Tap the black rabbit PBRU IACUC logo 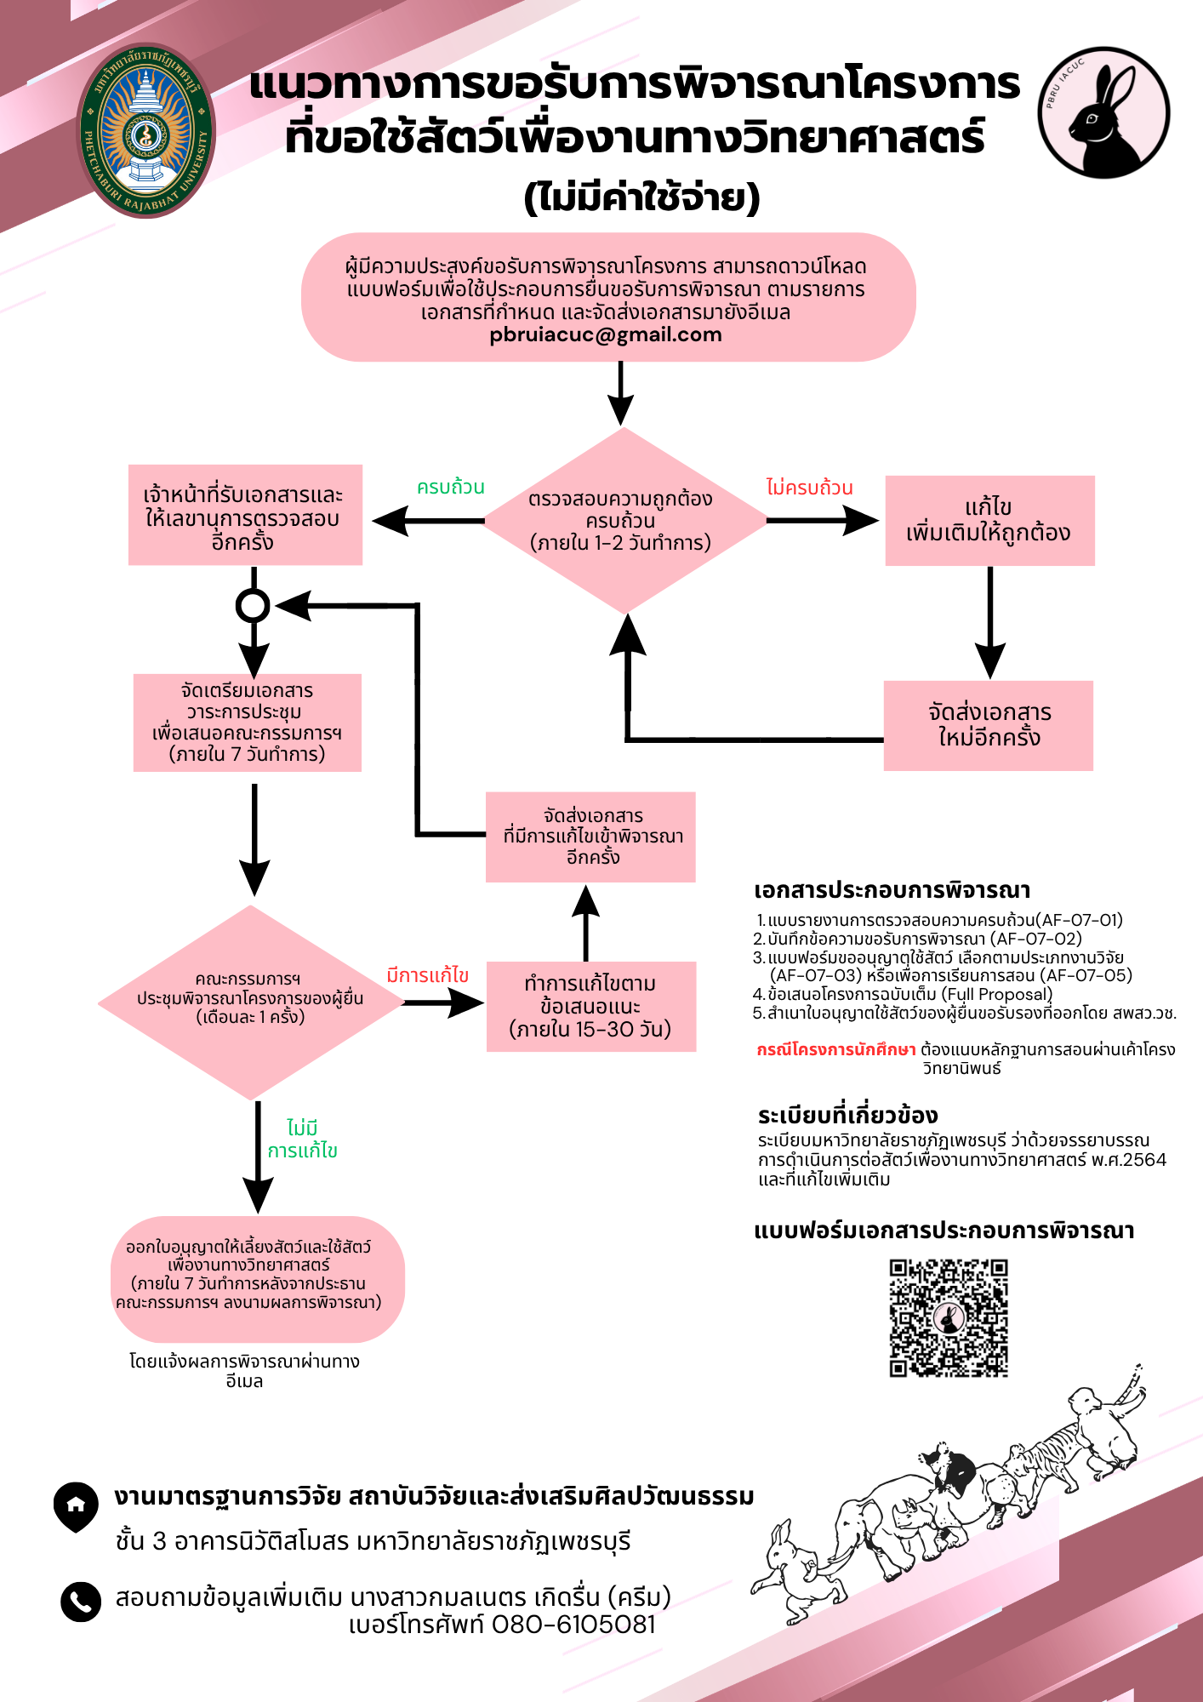coord(1103,112)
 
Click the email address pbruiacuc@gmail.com coord(606,335)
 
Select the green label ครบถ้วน coord(450,487)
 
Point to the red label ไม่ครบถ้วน coord(809,487)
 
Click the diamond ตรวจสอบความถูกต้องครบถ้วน coord(624,520)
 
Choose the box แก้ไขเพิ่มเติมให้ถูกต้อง coord(989,521)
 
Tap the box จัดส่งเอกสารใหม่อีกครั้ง coord(989,726)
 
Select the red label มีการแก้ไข coord(427,975)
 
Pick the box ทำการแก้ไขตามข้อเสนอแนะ coord(591,1007)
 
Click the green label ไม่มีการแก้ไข coord(302,1139)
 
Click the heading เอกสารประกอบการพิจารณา coord(892,890)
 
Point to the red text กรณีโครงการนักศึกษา coord(836,1049)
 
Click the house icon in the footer coord(76,1506)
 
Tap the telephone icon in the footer coord(81,1602)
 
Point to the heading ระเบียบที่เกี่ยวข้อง coord(848,1115)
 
